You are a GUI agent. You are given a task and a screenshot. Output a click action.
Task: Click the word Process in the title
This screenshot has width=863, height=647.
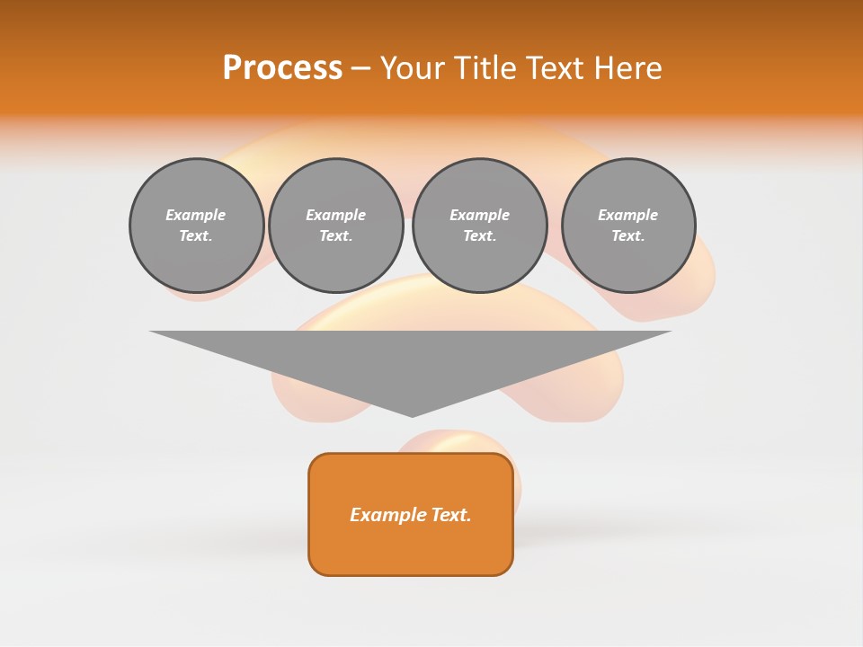point(282,68)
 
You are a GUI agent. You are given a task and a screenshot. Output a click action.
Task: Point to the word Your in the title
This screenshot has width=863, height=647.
point(414,68)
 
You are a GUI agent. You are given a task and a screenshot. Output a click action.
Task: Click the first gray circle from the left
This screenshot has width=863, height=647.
point(197,226)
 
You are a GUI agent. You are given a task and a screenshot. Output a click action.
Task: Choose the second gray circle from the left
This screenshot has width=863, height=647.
point(336,226)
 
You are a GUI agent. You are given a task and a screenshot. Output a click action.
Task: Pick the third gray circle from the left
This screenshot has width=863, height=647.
point(480,226)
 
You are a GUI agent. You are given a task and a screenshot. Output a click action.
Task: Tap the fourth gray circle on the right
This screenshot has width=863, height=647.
point(628,226)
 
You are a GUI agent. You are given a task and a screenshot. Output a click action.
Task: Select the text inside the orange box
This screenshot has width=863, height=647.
point(411,515)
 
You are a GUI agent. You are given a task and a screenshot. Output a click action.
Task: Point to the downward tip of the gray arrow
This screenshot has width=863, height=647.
point(412,414)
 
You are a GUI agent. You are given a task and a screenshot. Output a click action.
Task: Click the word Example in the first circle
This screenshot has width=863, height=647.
point(196,215)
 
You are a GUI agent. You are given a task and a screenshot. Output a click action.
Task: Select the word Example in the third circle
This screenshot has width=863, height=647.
point(480,215)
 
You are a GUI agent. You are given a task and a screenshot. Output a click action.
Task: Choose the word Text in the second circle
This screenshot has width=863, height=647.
point(334,236)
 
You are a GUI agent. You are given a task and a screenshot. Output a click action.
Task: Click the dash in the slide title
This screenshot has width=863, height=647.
point(361,68)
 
